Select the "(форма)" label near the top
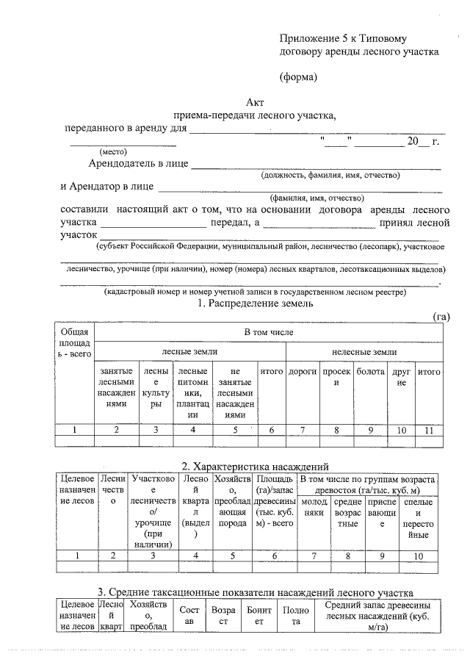click(298, 76)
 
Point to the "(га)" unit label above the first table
click(441, 317)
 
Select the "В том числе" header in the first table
click(269, 333)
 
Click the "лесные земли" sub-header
click(189, 353)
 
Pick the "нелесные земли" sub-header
click(364, 353)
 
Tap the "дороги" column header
click(302, 373)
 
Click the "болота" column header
click(371, 373)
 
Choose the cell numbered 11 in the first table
click(428, 430)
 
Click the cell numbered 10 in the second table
click(418, 556)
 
